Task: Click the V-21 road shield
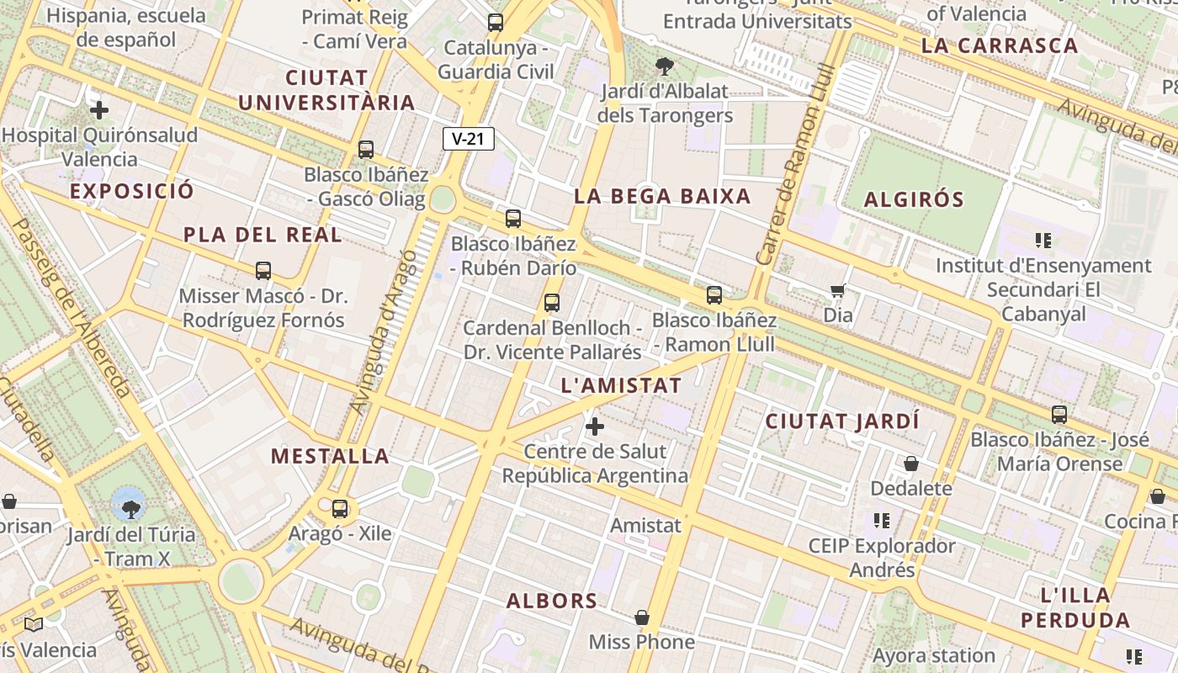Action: coord(468,139)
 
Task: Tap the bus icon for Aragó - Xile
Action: coord(340,509)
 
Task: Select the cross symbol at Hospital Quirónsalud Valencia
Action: coord(99,110)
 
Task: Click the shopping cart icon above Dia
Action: coord(837,291)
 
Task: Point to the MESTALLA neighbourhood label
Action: coord(330,457)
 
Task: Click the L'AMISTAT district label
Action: coord(621,386)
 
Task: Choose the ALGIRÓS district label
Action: coord(914,200)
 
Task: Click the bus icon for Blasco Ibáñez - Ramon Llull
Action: coord(714,295)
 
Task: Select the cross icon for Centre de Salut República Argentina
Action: coord(595,427)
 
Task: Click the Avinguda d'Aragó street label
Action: coord(383,332)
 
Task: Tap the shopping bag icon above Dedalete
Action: coord(911,464)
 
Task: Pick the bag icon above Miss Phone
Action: coord(642,618)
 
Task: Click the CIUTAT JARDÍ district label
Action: coord(842,421)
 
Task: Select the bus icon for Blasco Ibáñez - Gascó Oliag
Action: coord(366,150)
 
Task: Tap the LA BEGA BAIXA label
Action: coord(662,197)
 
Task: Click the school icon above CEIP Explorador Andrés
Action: coord(881,521)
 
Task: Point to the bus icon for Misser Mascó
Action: coord(263,271)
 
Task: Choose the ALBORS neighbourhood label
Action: coord(552,601)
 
